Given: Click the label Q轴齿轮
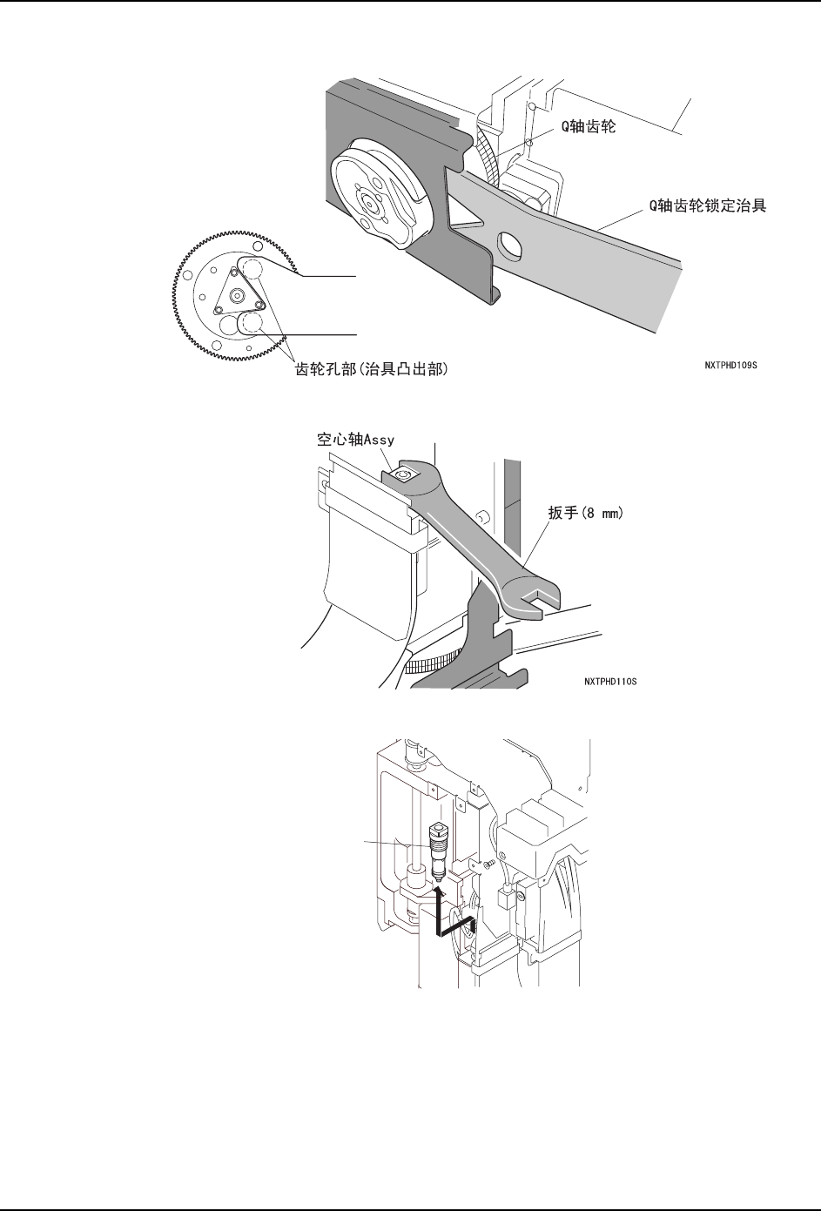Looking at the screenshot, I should click(588, 128).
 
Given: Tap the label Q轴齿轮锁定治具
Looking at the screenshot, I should click(703, 206).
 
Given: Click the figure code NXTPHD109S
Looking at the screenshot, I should click(730, 366).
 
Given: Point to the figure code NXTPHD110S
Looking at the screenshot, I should click(610, 681).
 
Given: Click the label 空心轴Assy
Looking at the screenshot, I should click(354, 441).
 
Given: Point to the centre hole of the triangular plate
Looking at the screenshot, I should click(236, 294).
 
